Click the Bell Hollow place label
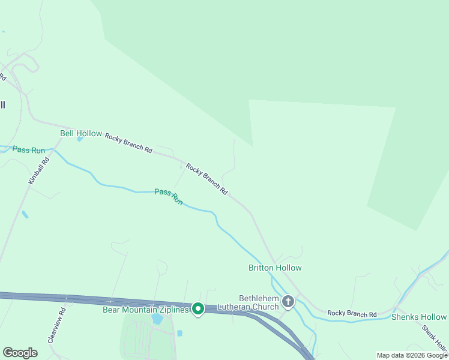pyautogui.click(x=81, y=133)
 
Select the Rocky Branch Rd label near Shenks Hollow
pyautogui.click(x=352, y=314)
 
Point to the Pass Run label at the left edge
pyautogui.click(x=29, y=149)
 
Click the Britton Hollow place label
pyautogui.click(x=275, y=268)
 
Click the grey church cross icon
pyautogui.click(x=288, y=301)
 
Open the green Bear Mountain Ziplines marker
pyautogui.click(x=197, y=309)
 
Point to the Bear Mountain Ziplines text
pyautogui.click(x=146, y=309)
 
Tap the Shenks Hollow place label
pyautogui.click(x=419, y=317)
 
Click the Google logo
pyautogui.click(x=20, y=353)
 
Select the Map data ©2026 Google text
pyautogui.click(x=412, y=355)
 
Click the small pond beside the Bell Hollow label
pyautogui.click(x=80, y=139)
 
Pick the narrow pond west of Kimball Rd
pyautogui.click(x=25, y=214)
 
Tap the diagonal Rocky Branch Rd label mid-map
pyautogui.click(x=207, y=179)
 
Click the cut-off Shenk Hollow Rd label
pyautogui.click(x=434, y=338)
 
